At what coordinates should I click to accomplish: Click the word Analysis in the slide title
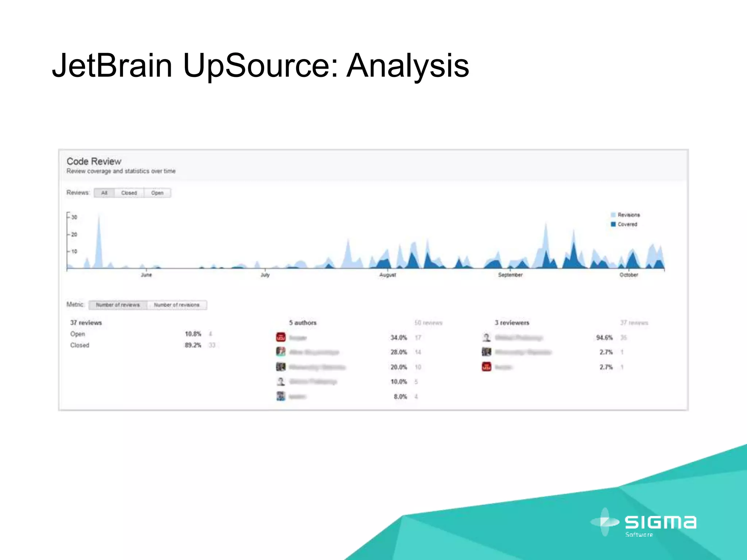(407, 66)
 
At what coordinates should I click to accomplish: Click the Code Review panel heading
(94, 162)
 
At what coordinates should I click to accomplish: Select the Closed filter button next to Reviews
(129, 193)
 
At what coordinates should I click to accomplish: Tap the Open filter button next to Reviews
(157, 193)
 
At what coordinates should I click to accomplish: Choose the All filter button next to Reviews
(104, 193)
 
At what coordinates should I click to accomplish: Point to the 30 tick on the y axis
(74, 217)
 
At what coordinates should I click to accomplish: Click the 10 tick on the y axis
(74, 252)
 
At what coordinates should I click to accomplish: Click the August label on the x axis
(387, 275)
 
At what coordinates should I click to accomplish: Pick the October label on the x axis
(628, 275)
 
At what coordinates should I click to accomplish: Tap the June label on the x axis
(146, 275)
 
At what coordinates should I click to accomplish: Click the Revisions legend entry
(628, 215)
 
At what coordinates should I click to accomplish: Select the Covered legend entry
(627, 225)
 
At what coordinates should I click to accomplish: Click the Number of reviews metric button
(118, 305)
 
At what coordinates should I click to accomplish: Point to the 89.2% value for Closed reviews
(193, 345)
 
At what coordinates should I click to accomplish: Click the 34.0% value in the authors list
(398, 338)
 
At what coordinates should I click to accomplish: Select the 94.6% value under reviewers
(604, 338)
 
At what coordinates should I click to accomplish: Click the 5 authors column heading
(303, 323)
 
